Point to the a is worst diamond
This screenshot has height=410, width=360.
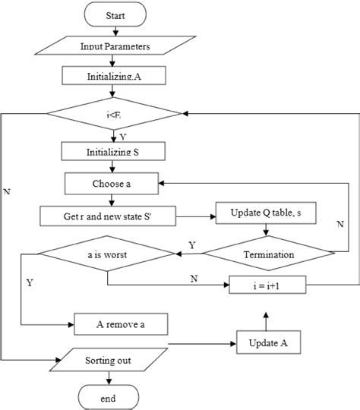(107, 254)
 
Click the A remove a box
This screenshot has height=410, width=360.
(120, 323)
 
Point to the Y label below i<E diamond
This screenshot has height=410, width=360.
(123, 136)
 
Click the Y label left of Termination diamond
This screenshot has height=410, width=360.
(191, 245)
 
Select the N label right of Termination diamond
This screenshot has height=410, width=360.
(341, 224)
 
